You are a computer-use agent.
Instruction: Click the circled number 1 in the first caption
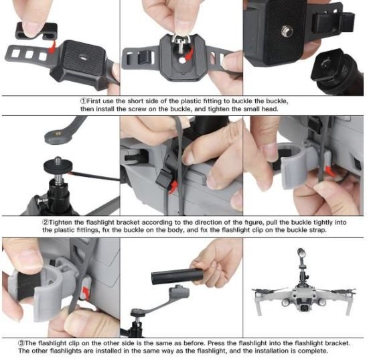click(x=83, y=101)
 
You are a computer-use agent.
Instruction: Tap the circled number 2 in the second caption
click(x=46, y=223)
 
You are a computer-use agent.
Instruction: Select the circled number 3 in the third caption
click(x=21, y=343)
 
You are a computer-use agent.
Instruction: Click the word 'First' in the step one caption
click(x=94, y=101)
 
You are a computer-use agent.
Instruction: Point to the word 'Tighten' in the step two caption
click(x=60, y=223)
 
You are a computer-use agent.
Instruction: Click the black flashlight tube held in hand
click(x=177, y=277)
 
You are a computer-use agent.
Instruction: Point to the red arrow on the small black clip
click(x=53, y=46)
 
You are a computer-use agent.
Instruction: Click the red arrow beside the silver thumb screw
click(x=189, y=54)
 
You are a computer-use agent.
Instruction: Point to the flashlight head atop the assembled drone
click(x=301, y=253)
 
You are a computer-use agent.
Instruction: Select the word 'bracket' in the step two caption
click(x=129, y=223)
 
